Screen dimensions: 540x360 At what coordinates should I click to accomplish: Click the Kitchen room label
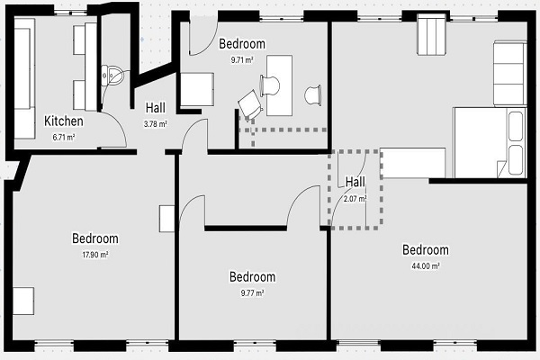tap(64, 121)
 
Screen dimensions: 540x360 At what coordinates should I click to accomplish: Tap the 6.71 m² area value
tap(64, 137)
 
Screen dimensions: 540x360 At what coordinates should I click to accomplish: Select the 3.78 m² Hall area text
tap(156, 123)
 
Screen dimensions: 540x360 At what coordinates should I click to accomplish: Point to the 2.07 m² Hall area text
tap(355, 199)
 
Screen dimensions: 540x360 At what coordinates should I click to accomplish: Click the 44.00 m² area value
tap(426, 266)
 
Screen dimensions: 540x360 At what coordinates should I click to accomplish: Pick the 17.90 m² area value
tap(95, 255)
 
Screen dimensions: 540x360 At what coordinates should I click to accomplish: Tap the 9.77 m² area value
tap(252, 293)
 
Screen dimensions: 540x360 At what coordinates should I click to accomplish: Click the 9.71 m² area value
tap(242, 60)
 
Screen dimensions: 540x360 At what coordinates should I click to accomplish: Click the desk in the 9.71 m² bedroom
tap(279, 85)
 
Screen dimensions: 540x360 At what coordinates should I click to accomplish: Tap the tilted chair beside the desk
tap(250, 104)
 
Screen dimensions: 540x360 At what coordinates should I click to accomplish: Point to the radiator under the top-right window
tap(431, 35)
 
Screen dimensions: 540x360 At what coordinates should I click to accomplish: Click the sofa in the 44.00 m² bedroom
tap(509, 73)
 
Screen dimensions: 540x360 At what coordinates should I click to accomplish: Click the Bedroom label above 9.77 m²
tap(252, 277)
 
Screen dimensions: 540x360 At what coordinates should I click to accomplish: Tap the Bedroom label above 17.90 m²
tap(95, 238)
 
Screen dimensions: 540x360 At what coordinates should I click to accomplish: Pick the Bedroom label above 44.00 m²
tap(426, 250)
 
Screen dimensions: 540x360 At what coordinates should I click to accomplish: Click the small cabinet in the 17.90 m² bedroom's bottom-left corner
tap(23, 301)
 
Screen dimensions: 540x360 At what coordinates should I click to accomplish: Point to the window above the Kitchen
tap(70, 13)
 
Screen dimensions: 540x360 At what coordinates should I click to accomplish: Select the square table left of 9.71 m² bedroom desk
tap(197, 90)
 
